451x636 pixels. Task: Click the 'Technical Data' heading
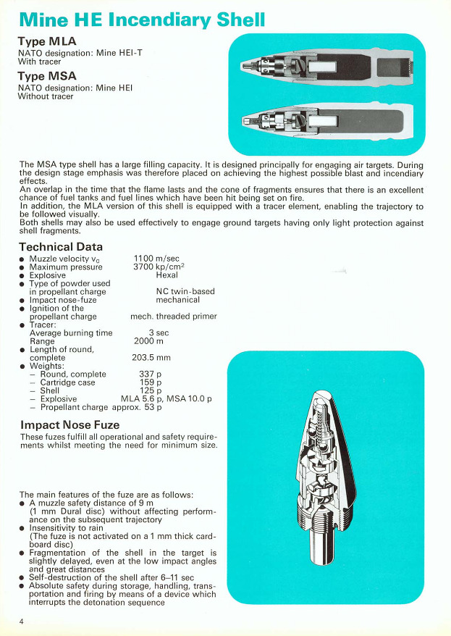[61, 247]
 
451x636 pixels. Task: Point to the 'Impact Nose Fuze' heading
[70, 424]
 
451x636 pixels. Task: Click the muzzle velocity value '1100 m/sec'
[156, 259]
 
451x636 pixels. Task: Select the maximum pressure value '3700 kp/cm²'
[156, 267]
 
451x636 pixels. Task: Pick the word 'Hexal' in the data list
[167, 275]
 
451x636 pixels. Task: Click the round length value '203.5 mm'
[151, 357]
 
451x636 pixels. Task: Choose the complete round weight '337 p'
[150, 375]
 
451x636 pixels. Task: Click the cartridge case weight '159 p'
[150, 382]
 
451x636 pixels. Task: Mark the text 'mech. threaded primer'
[174, 317]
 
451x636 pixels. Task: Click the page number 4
[22, 622]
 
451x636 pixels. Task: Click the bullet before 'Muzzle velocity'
[22, 259]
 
